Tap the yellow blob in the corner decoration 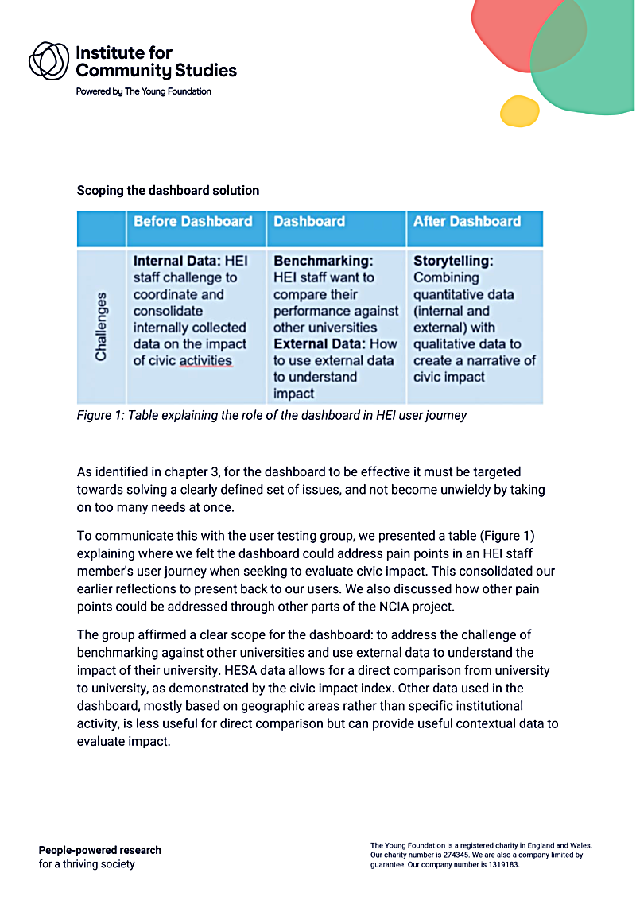click(520, 111)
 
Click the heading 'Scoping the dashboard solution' click(168, 191)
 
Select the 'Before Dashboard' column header click(193, 222)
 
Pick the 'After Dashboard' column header click(467, 222)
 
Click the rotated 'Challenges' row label click(101, 327)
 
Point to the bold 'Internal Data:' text click(176, 261)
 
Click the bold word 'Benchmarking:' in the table click(323, 261)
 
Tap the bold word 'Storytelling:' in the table click(453, 261)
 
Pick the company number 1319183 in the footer click(500, 864)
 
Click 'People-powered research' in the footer click(100, 850)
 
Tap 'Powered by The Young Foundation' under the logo click(144, 91)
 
